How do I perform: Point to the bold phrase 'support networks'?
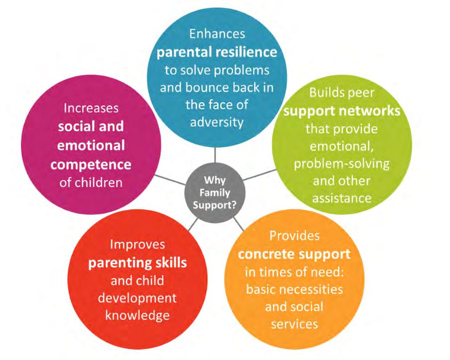pos(342,111)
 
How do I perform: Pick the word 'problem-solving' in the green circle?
pos(342,165)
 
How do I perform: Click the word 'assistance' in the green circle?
pos(342,198)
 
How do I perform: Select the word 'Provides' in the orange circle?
pos(294,235)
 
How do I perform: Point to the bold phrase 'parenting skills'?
pos(138,262)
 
